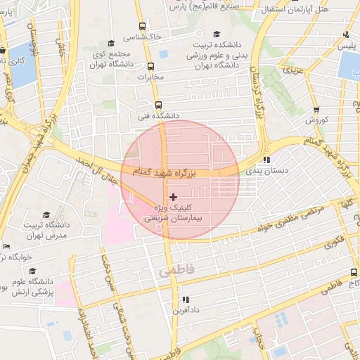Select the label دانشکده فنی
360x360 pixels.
158,115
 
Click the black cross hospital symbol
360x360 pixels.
174,198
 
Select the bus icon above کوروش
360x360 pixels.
316,110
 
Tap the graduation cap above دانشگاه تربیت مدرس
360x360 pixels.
46,215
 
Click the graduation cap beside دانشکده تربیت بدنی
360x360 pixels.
217,34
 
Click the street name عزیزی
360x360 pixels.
292,70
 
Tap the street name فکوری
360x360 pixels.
329,241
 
